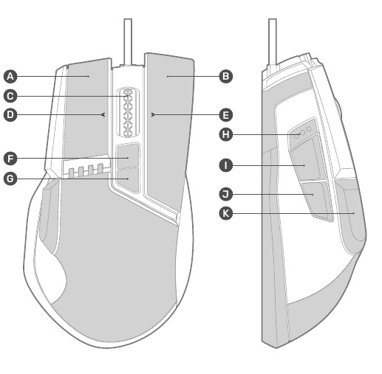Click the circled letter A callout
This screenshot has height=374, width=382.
(x=10, y=76)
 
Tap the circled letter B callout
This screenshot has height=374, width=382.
(x=225, y=76)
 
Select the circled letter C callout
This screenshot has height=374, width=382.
(x=10, y=96)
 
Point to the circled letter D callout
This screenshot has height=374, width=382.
(x=10, y=115)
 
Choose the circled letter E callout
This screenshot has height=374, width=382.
(x=225, y=115)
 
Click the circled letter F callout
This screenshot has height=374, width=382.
(x=10, y=159)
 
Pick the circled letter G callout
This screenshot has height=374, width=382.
(x=10, y=179)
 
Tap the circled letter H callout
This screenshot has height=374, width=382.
(x=225, y=134)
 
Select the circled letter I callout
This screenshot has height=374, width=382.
(x=225, y=165)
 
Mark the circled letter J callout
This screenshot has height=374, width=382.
(x=225, y=194)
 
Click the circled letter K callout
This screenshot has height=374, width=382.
(x=225, y=213)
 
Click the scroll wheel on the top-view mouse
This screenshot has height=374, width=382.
(x=128, y=112)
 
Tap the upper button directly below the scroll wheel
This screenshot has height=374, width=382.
(x=128, y=155)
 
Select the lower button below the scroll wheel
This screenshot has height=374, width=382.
(x=128, y=179)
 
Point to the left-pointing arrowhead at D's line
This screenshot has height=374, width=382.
(x=103, y=114)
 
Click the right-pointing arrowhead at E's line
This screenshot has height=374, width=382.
(x=153, y=114)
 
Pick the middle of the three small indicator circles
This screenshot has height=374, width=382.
(x=303, y=133)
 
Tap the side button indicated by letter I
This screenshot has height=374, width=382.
(x=305, y=159)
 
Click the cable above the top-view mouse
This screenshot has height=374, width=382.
(x=128, y=42)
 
